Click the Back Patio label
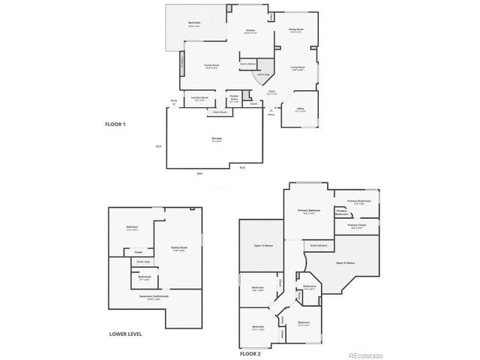(x=194, y=24)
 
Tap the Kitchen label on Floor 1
(x=251, y=31)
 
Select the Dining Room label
(x=295, y=30)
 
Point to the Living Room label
(x=298, y=67)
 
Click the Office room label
(x=300, y=109)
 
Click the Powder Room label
(x=234, y=97)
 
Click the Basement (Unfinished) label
(x=153, y=297)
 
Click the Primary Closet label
(x=356, y=225)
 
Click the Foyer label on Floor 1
(x=272, y=91)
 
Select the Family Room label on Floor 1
(x=211, y=66)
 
